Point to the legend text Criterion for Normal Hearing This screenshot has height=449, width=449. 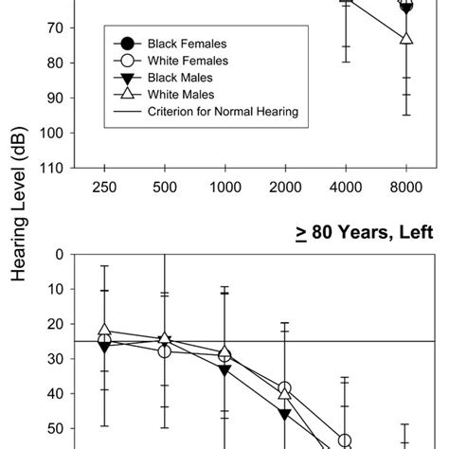224,112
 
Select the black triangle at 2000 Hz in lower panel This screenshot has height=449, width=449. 285,414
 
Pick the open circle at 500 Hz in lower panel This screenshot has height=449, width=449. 165,350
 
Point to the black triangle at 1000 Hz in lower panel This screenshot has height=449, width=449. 224,369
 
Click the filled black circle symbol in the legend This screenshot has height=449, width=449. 127,44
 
